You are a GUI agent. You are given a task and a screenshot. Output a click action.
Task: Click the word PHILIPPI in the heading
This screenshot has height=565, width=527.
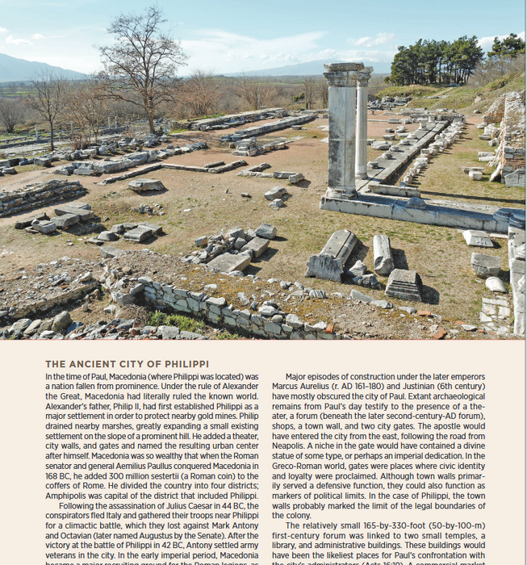[x=186, y=364]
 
